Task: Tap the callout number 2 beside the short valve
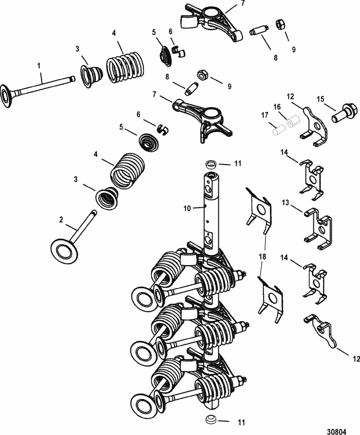point(61,219)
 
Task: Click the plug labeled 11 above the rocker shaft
point(210,165)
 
